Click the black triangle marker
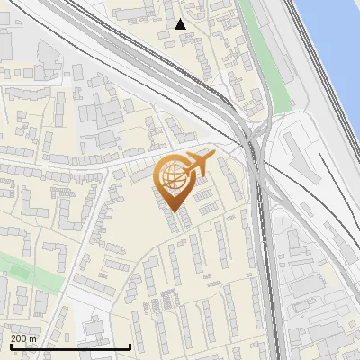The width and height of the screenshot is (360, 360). coord(181,24)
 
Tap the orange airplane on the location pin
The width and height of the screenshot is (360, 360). coord(197,163)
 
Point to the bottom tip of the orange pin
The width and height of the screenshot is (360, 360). coord(172,211)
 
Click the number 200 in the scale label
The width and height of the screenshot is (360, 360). coord(20,338)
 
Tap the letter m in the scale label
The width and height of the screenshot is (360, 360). coord(34,338)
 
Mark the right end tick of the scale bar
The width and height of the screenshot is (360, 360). coord(130,346)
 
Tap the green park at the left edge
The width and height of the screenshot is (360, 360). coord(27,270)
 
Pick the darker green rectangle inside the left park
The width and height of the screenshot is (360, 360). coord(13,266)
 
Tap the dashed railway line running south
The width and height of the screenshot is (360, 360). coord(268,270)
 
